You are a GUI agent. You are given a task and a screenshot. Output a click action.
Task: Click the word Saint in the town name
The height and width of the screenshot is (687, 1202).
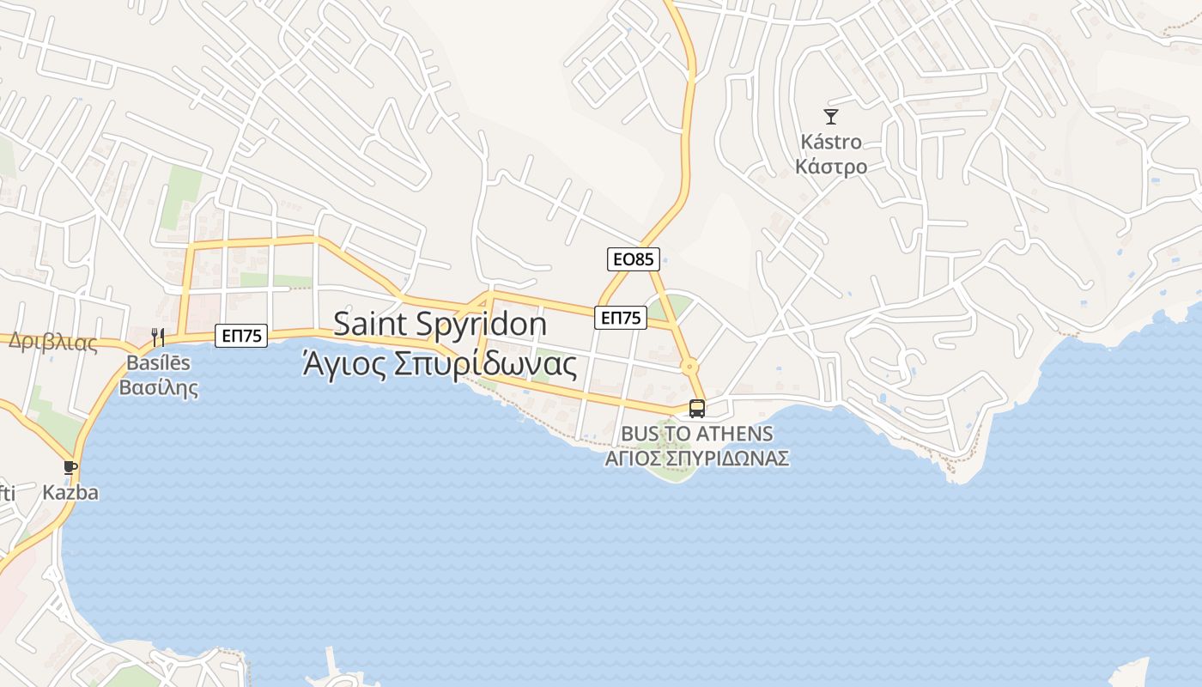[x=371, y=324]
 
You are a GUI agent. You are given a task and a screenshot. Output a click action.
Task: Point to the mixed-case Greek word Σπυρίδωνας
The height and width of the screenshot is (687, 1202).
[x=485, y=364]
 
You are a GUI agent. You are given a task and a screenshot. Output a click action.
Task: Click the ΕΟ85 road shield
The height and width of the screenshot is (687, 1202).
[x=634, y=258]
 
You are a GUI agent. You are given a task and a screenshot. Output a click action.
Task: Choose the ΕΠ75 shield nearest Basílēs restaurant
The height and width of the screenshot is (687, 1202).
[x=241, y=336]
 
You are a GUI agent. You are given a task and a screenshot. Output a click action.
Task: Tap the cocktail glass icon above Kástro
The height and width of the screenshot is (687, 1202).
[x=830, y=117]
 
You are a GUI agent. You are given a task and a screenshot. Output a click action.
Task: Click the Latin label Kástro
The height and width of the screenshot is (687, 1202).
[x=830, y=142]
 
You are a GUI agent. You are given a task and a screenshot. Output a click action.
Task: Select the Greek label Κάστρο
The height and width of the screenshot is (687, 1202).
[x=830, y=166]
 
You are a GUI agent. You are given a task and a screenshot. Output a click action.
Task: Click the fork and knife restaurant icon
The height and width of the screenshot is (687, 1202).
[x=158, y=337]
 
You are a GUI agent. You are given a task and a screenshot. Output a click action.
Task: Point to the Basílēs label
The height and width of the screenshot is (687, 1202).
[x=158, y=362]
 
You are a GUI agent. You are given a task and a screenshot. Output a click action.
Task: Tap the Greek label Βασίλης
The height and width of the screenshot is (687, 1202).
[x=158, y=387]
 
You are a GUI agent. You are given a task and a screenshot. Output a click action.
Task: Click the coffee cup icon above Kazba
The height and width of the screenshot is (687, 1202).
[x=70, y=468]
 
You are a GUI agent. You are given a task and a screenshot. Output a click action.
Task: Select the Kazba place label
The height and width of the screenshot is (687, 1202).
[x=70, y=493]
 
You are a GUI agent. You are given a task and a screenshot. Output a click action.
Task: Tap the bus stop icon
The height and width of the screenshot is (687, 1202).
[x=697, y=409]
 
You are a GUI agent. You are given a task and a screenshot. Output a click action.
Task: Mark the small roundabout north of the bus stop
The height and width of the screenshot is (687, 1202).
[x=689, y=367]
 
